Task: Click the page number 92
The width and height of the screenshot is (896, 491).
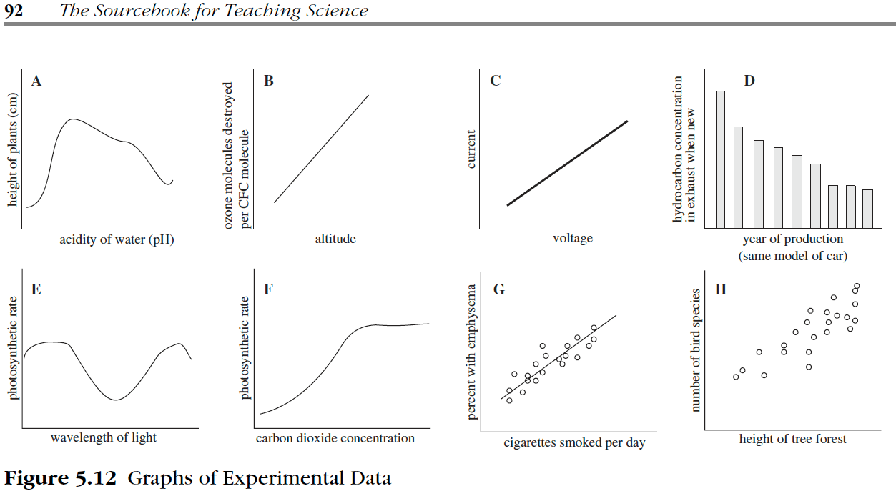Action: [14, 11]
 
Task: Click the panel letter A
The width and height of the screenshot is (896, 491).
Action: [36, 81]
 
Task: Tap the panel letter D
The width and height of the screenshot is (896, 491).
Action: [749, 81]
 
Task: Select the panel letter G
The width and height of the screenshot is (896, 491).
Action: [499, 289]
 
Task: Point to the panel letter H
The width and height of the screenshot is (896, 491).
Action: [721, 289]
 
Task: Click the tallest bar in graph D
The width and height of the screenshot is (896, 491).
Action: [720, 159]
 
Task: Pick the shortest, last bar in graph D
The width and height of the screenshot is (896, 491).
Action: [867, 208]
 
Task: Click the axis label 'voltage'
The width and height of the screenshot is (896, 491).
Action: [573, 239]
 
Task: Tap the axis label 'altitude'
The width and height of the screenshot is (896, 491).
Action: [335, 239]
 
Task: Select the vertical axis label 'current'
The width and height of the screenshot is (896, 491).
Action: [471, 149]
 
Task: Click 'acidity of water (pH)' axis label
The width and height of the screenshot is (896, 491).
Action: [117, 240]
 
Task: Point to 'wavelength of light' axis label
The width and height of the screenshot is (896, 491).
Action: [104, 437]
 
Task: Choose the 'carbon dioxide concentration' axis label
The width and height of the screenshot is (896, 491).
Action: [335, 438]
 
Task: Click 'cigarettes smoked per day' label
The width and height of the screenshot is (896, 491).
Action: [574, 443]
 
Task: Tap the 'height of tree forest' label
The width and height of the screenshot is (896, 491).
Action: [792, 439]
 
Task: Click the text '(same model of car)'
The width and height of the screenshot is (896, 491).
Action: [793, 256]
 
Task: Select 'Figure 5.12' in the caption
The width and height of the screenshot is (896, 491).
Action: [61, 478]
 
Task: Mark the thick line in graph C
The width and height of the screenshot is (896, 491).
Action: [567, 163]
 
